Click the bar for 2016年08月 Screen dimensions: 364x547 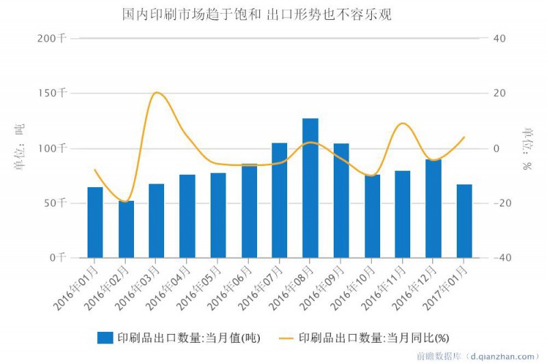pyautogui.click(x=310, y=188)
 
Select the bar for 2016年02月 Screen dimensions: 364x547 pyautogui.click(x=126, y=229)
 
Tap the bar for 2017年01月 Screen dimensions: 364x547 pyautogui.click(x=464, y=221)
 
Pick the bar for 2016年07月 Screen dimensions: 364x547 pyautogui.click(x=280, y=200)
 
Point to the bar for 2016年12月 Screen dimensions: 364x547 pyautogui.click(x=433, y=208)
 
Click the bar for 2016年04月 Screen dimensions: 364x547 pyautogui.click(x=187, y=216)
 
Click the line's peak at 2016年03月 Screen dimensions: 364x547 pyautogui.click(x=157, y=92)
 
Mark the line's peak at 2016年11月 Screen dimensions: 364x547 pyautogui.click(x=403, y=123)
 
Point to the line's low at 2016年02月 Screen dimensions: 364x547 pyautogui.click(x=126, y=202)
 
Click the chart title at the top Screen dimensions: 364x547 pyautogui.click(x=256, y=14)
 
